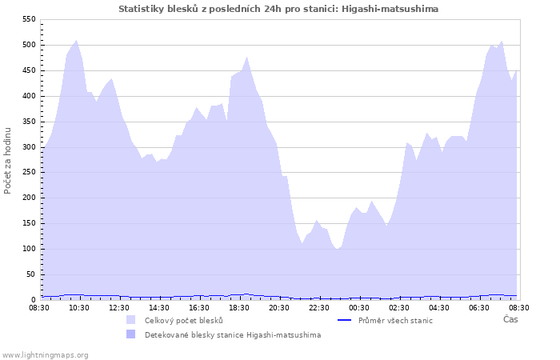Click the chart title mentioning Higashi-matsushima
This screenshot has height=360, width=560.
point(278,9)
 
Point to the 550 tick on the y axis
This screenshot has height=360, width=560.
point(28,19)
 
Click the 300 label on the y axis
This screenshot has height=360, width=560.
point(28,147)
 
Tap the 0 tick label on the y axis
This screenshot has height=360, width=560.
point(33,300)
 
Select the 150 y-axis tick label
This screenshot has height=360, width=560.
point(28,223)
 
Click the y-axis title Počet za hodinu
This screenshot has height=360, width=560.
point(8,160)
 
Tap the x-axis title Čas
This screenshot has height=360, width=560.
point(510,320)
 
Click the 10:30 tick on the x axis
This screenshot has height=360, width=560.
point(79,307)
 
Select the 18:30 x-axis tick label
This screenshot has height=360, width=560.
point(239,307)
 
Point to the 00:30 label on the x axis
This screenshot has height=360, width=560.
point(359,307)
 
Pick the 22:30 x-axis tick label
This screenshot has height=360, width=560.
point(319,307)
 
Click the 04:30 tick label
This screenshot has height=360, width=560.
point(439,307)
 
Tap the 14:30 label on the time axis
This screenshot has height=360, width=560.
point(159,307)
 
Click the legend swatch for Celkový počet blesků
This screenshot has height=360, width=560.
point(131,320)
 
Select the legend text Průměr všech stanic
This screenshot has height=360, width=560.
point(396,321)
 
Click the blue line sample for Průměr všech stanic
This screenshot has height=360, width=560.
point(346,320)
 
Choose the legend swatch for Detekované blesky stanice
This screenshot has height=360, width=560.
point(131,334)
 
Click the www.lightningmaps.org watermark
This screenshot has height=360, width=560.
point(46,354)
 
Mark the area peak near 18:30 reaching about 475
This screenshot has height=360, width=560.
point(247,58)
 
